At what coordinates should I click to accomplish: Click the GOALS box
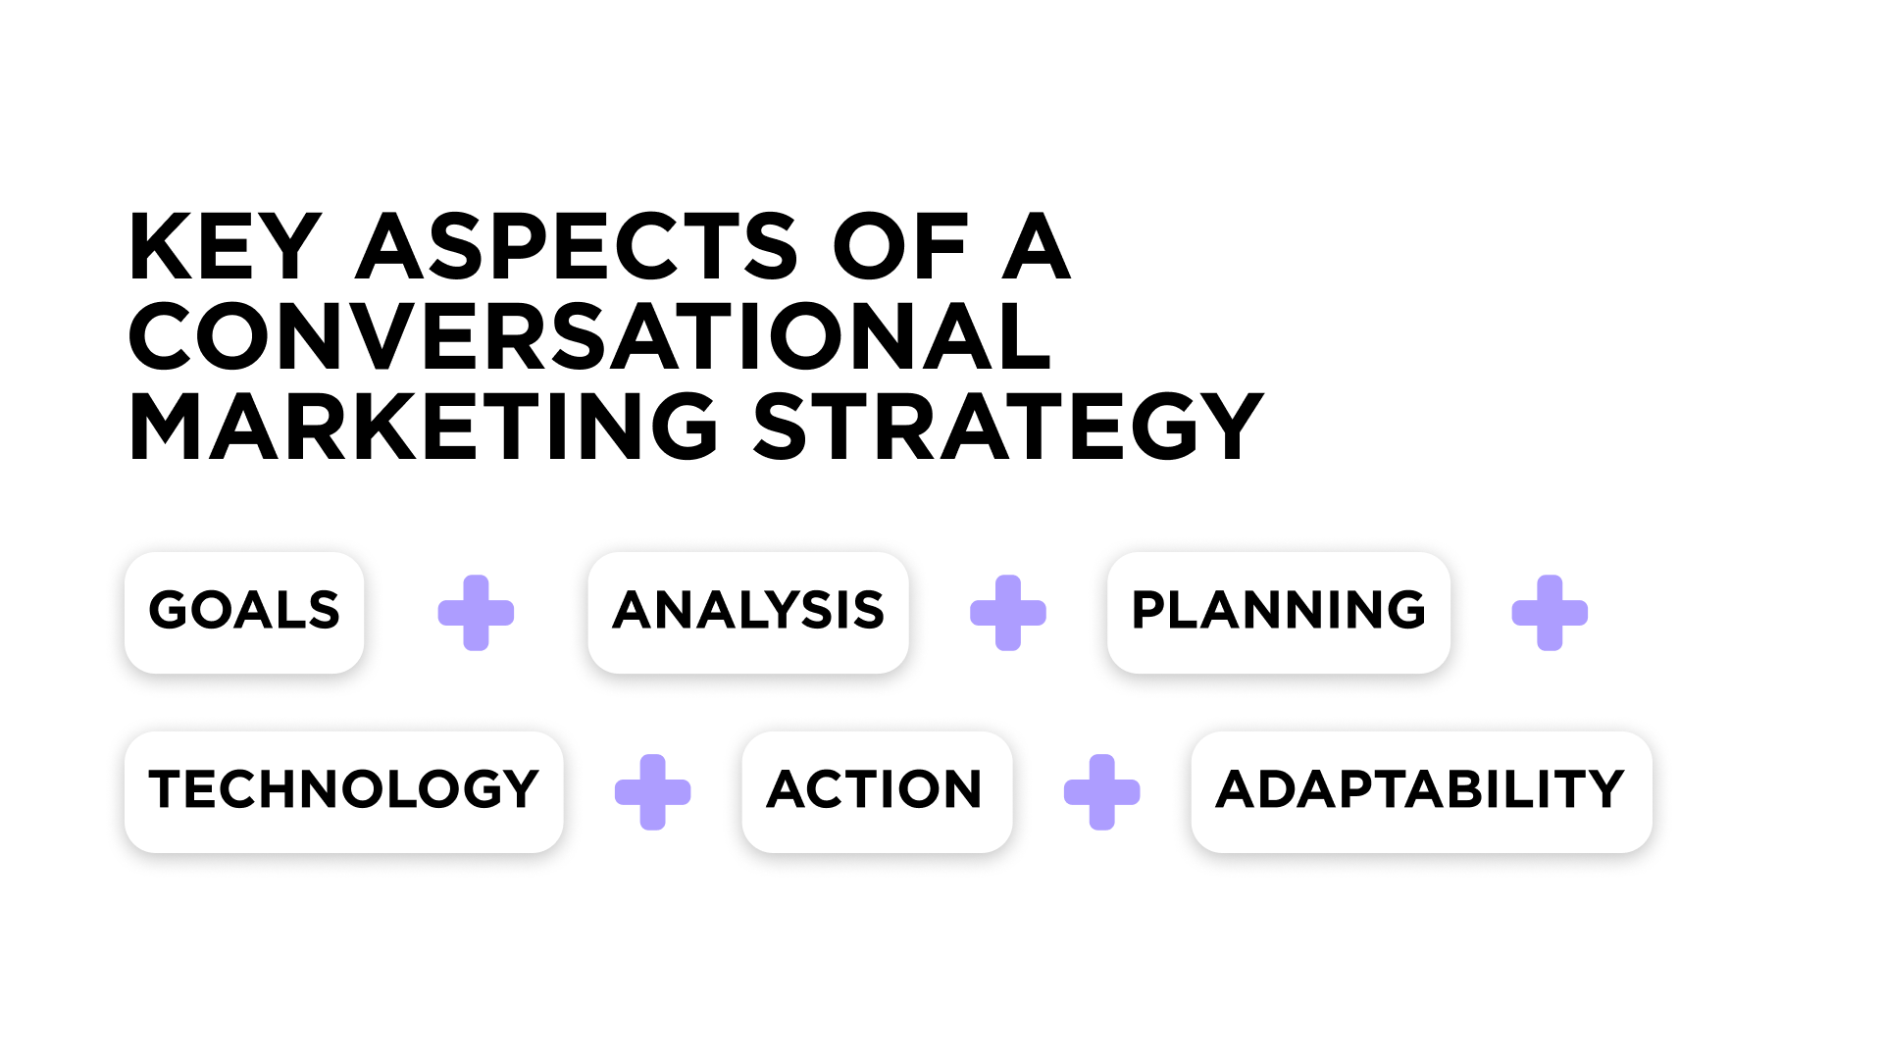point(244,612)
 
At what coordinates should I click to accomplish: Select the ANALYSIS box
point(748,612)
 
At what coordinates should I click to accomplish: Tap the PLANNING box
point(1278,612)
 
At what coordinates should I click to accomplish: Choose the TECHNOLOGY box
point(343,791)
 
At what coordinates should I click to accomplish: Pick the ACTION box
point(877,791)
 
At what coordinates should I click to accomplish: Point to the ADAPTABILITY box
point(1421,791)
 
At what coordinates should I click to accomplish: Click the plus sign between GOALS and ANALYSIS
point(476,613)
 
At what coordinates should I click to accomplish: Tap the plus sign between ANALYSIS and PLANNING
point(1008,613)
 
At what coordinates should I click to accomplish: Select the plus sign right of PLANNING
point(1550,613)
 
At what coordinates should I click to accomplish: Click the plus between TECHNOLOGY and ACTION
point(652,792)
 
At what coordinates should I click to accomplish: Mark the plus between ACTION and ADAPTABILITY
point(1101,792)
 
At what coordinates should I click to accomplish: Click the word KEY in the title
point(225,246)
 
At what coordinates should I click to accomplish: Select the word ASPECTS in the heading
point(577,246)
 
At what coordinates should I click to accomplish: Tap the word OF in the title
point(900,246)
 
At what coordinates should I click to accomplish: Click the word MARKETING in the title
point(423,427)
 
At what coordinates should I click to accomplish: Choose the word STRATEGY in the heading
point(1008,427)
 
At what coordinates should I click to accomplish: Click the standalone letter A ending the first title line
point(1036,246)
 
